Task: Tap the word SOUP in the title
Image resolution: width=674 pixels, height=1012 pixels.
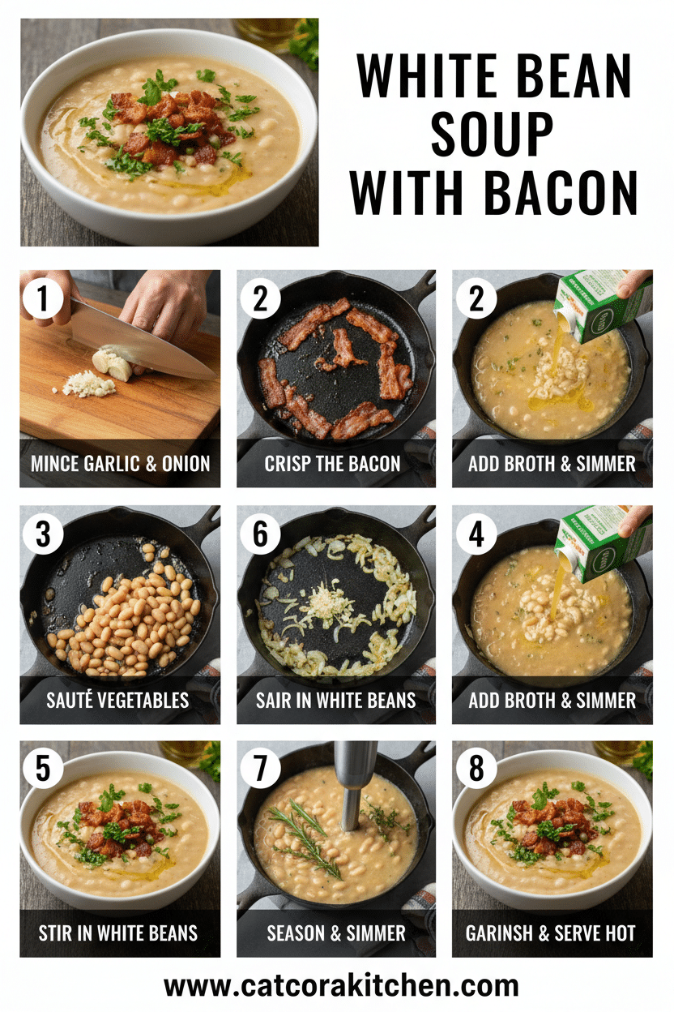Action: pos(493,135)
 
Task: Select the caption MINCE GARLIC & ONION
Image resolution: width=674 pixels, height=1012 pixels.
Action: pos(120,464)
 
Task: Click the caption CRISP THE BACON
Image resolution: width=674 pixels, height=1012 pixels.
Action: pos(333,464)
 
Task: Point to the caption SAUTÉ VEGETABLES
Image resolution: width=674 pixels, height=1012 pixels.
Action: pos(120,700)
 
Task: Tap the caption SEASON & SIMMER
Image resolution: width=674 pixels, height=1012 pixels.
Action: pos(336,933)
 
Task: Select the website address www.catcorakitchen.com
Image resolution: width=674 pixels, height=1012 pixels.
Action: pos(341,986)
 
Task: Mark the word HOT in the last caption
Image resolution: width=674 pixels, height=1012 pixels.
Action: pos(618,933)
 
